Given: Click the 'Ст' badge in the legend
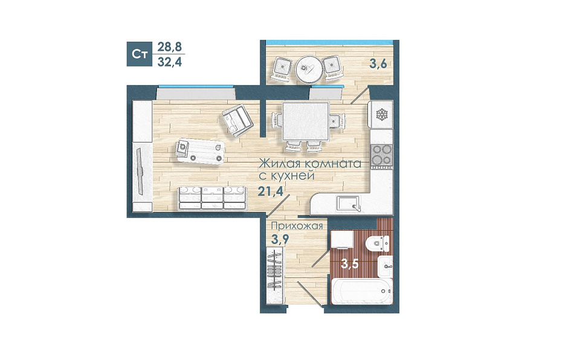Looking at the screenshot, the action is (139, 54).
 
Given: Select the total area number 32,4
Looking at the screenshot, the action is (170, 62).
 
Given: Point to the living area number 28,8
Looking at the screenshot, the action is (170, 47).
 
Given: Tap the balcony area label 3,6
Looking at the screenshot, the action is (378, 64).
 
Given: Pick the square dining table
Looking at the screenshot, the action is (306, 121).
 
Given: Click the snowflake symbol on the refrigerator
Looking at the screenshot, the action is (382, 115).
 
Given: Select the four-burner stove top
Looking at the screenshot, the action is (382, 156).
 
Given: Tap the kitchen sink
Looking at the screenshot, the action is (348, 203).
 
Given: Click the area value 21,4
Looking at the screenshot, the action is (270, 190).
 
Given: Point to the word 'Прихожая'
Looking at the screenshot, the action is (297, 226).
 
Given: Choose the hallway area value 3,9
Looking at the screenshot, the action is (280, 239).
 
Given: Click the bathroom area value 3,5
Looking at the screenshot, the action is (350, 263).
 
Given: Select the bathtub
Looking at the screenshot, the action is (362, 291).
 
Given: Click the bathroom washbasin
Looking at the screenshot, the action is (385, 266).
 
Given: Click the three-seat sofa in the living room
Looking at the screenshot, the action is (212, 198).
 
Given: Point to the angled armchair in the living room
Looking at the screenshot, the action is (237, 120).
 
